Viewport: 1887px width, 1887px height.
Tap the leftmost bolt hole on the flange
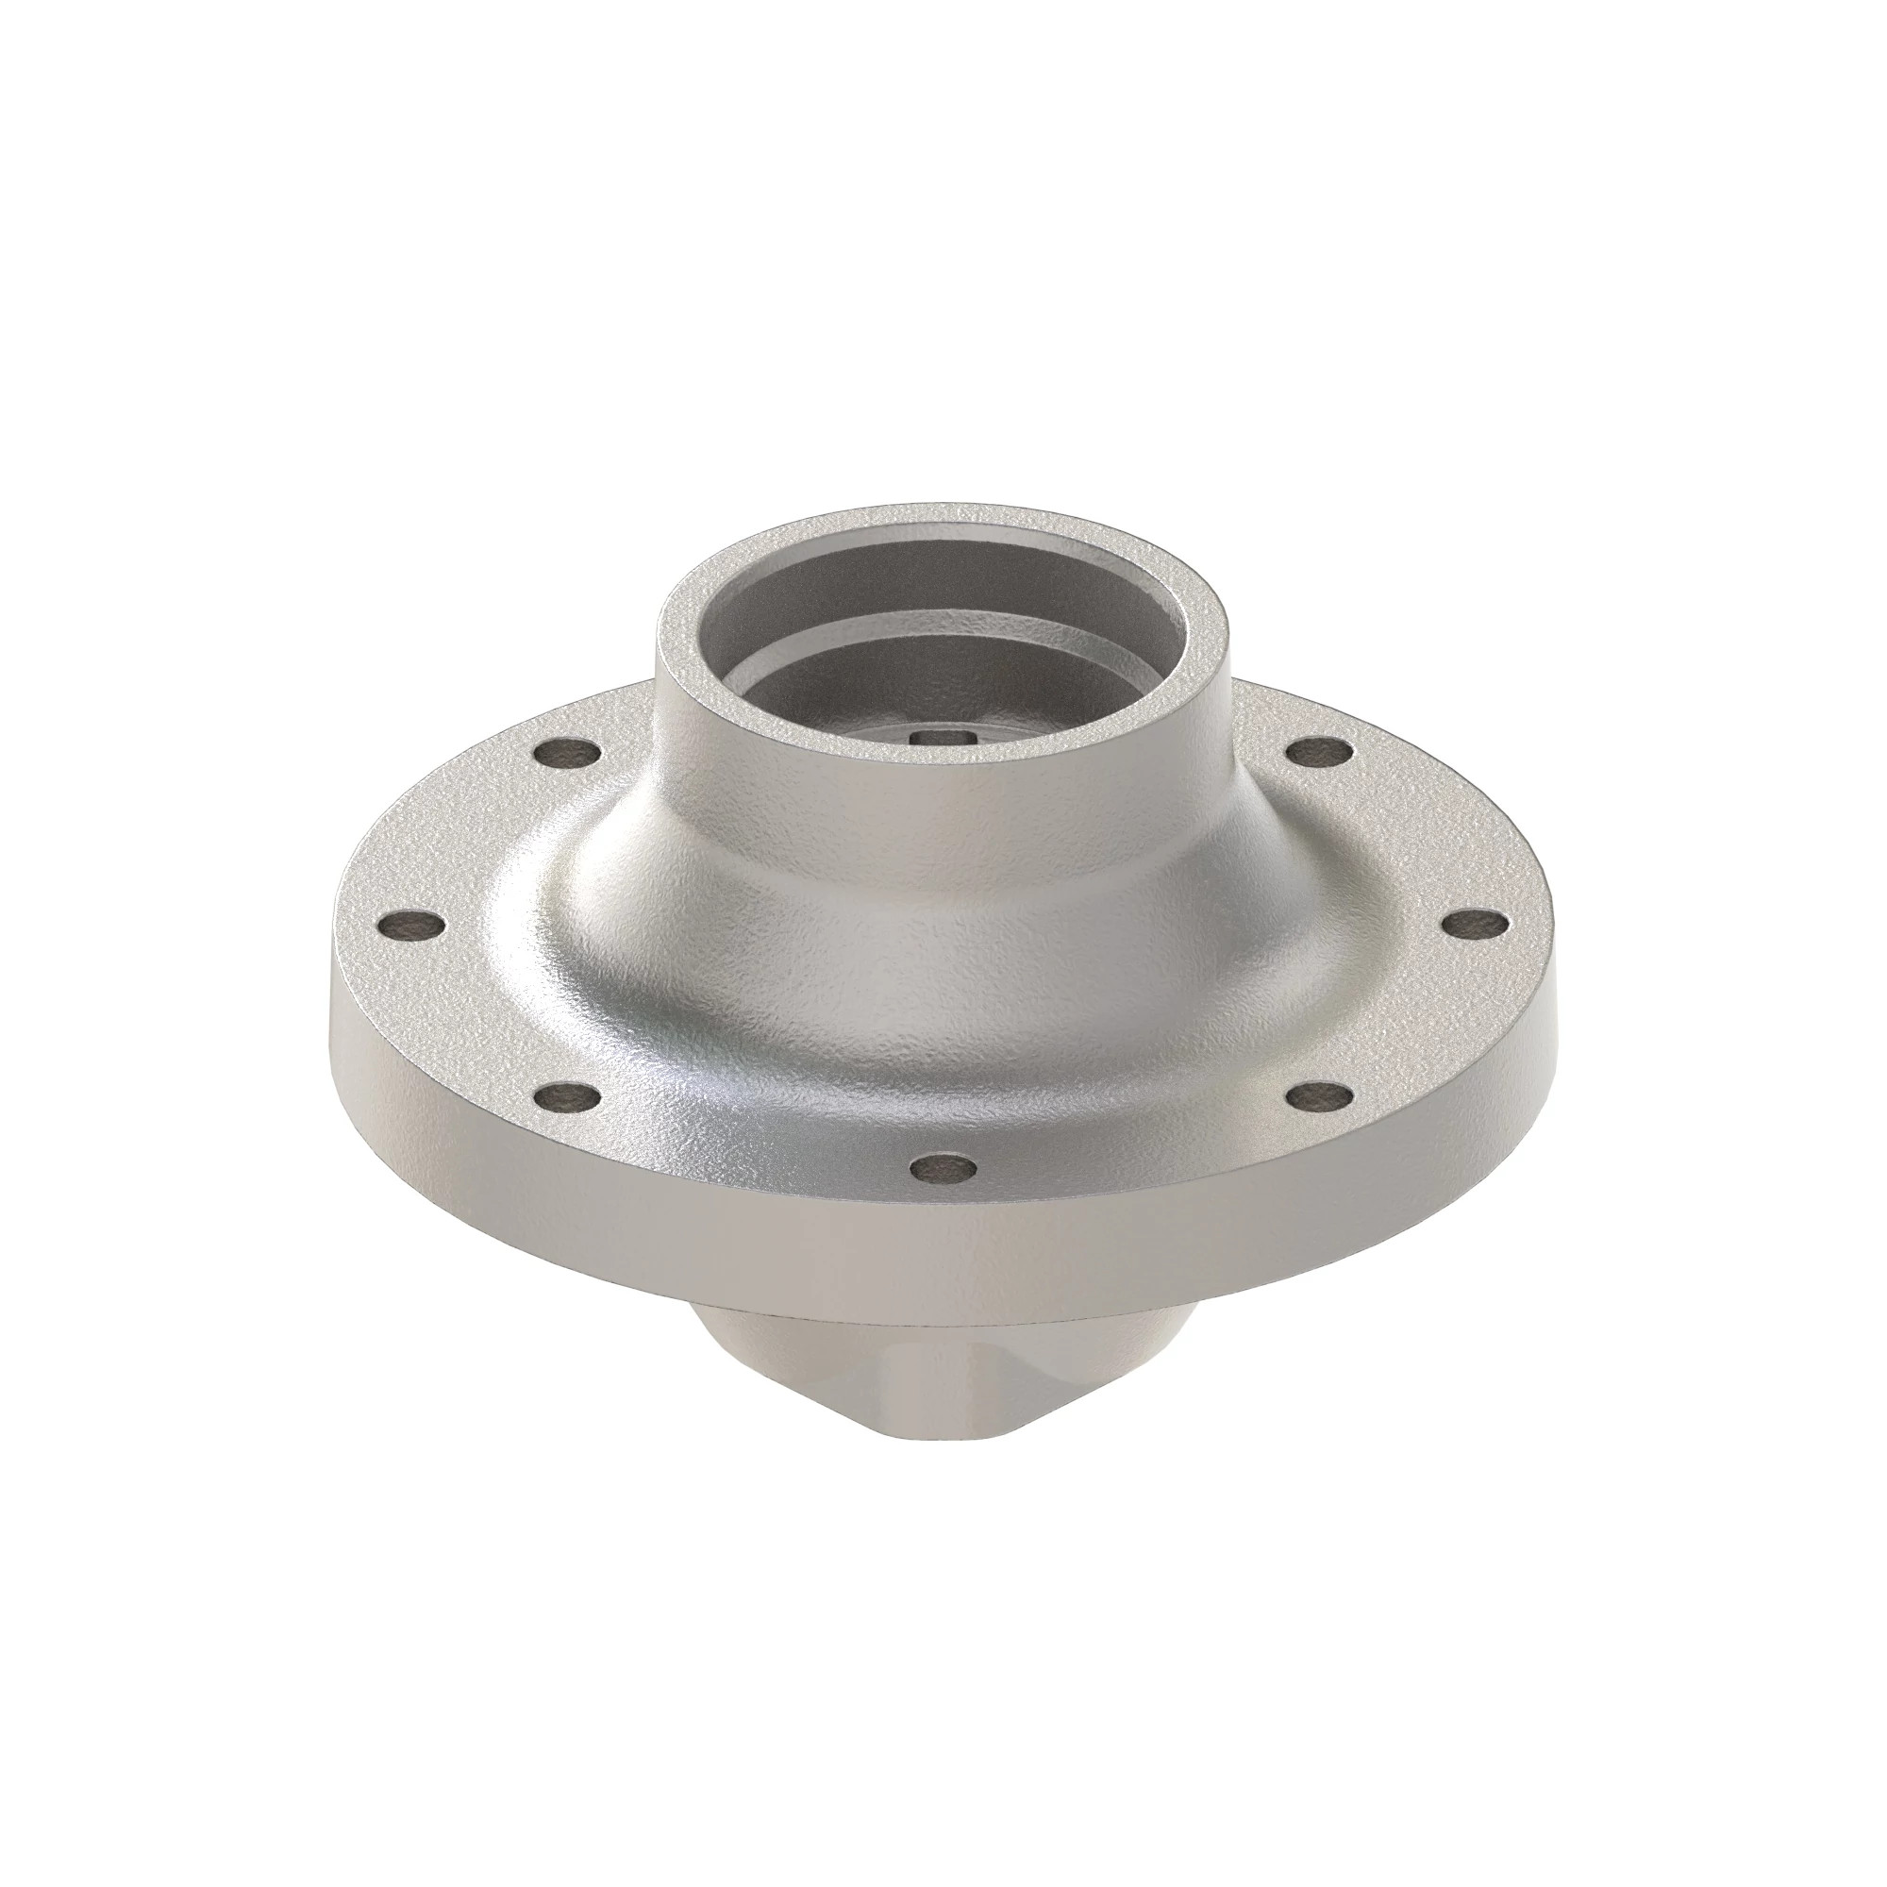click(411, 925)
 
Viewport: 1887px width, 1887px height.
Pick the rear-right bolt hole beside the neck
click(1320, 753)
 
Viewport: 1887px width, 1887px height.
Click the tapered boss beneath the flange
click(781, 1367)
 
